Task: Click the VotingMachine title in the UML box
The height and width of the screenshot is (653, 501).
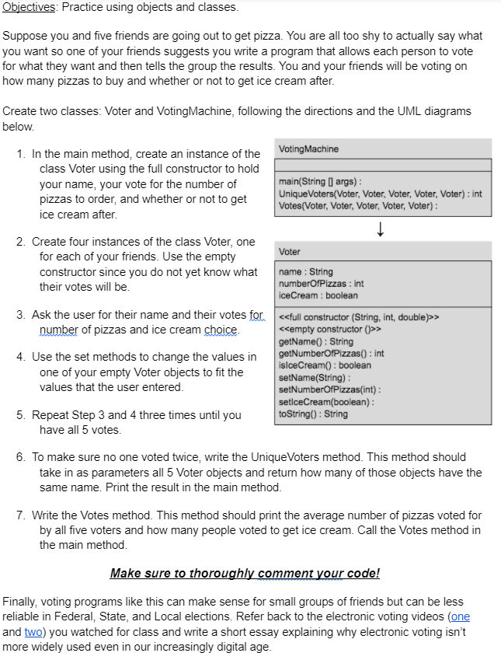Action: [x=308, y=148]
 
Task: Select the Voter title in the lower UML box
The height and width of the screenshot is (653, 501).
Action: [x=290, y=252]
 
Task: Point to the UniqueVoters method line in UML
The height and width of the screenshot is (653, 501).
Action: [x=380, y=193]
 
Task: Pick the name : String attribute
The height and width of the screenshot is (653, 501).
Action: [x=305, y=272]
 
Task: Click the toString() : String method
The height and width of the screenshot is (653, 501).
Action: [x=313, y=414]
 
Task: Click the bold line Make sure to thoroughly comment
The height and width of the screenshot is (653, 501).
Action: [x=245, y=574]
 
